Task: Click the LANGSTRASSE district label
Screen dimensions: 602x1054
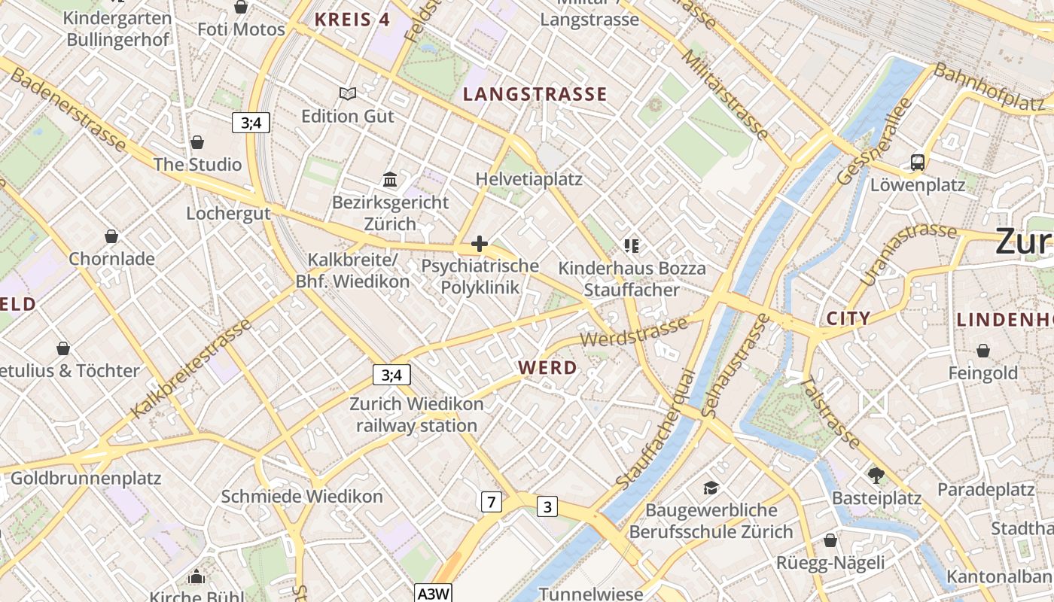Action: (x=535, y=94)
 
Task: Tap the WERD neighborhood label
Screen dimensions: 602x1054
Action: (x=548, y=368)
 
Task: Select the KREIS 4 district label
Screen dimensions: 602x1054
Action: (x=352, y=20)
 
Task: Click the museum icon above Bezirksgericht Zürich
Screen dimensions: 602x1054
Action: (x=390, y=179)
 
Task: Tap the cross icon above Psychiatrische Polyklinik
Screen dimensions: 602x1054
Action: (x=480, y=244)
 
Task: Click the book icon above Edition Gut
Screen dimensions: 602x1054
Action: (x=348, y=93)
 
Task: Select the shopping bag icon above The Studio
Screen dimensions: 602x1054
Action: (x=197, y=142)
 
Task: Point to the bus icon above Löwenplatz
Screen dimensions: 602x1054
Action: (x=917, y=162)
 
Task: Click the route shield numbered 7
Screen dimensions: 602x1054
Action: (x=491, y=501)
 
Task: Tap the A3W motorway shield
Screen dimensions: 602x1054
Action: (x=434, y=594)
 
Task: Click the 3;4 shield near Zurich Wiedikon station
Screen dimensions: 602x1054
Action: (x=391, y=374)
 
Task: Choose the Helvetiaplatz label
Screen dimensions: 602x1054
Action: (x=529, y=179)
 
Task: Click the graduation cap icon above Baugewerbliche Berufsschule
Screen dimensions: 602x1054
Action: (x=711, y=488)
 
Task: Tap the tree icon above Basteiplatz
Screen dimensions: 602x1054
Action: (x=876, y=475)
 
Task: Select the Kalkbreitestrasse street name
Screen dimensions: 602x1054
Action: (x=191, y=369)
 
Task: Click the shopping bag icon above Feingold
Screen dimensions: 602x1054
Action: (x=982, y=351)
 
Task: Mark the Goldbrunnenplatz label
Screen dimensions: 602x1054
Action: (x=86, y=478)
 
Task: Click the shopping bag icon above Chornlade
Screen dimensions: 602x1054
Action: (x=111, y=236)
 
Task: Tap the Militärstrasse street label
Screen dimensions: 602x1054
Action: (x=726, y=95)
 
